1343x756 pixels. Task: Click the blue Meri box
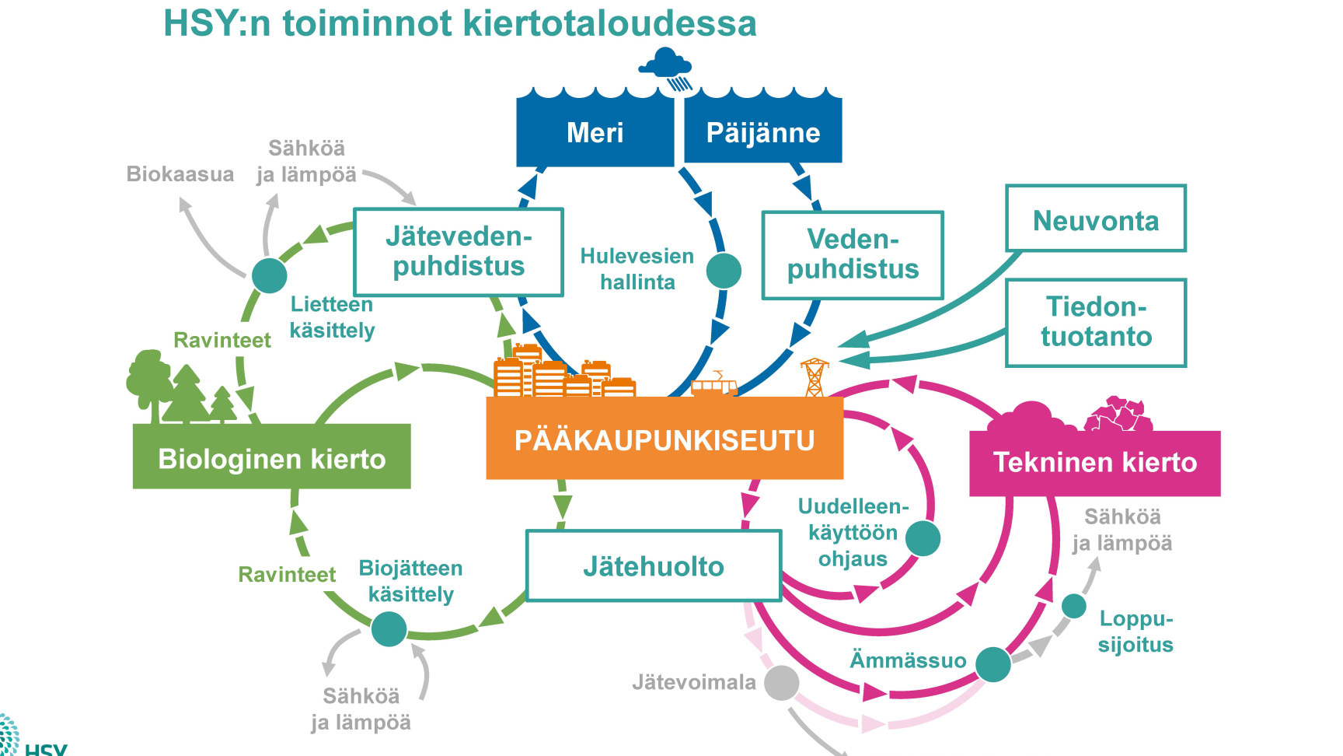[x=595, y=130]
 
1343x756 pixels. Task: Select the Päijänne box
[x=763, y=128]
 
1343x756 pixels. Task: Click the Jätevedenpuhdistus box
[x=459, y=252]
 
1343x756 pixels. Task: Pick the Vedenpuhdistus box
[x=853, y=255]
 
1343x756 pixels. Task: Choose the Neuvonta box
[x=1096, y=219]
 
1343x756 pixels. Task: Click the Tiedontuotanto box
[x=1096, y=323]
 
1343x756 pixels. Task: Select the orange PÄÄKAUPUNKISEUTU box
[x=665, y=439]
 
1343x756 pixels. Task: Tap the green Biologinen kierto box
[x=272, y=457]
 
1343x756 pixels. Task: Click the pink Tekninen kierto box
[x=1095, y=464]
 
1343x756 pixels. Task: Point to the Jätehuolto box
[x=654, y=565]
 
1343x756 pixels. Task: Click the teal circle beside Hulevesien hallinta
[x=724, y=271]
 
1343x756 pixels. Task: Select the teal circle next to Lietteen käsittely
[x=270, y=275]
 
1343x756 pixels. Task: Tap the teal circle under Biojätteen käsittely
[x=389, y=629]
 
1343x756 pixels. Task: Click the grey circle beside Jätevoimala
[x=782, y=683]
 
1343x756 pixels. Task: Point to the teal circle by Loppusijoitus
[x=1074, y=606]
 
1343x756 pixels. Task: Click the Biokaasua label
[x=180, y=173]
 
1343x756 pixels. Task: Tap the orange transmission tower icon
[x=815, y=377]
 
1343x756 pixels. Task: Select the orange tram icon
[x=714, y=385]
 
